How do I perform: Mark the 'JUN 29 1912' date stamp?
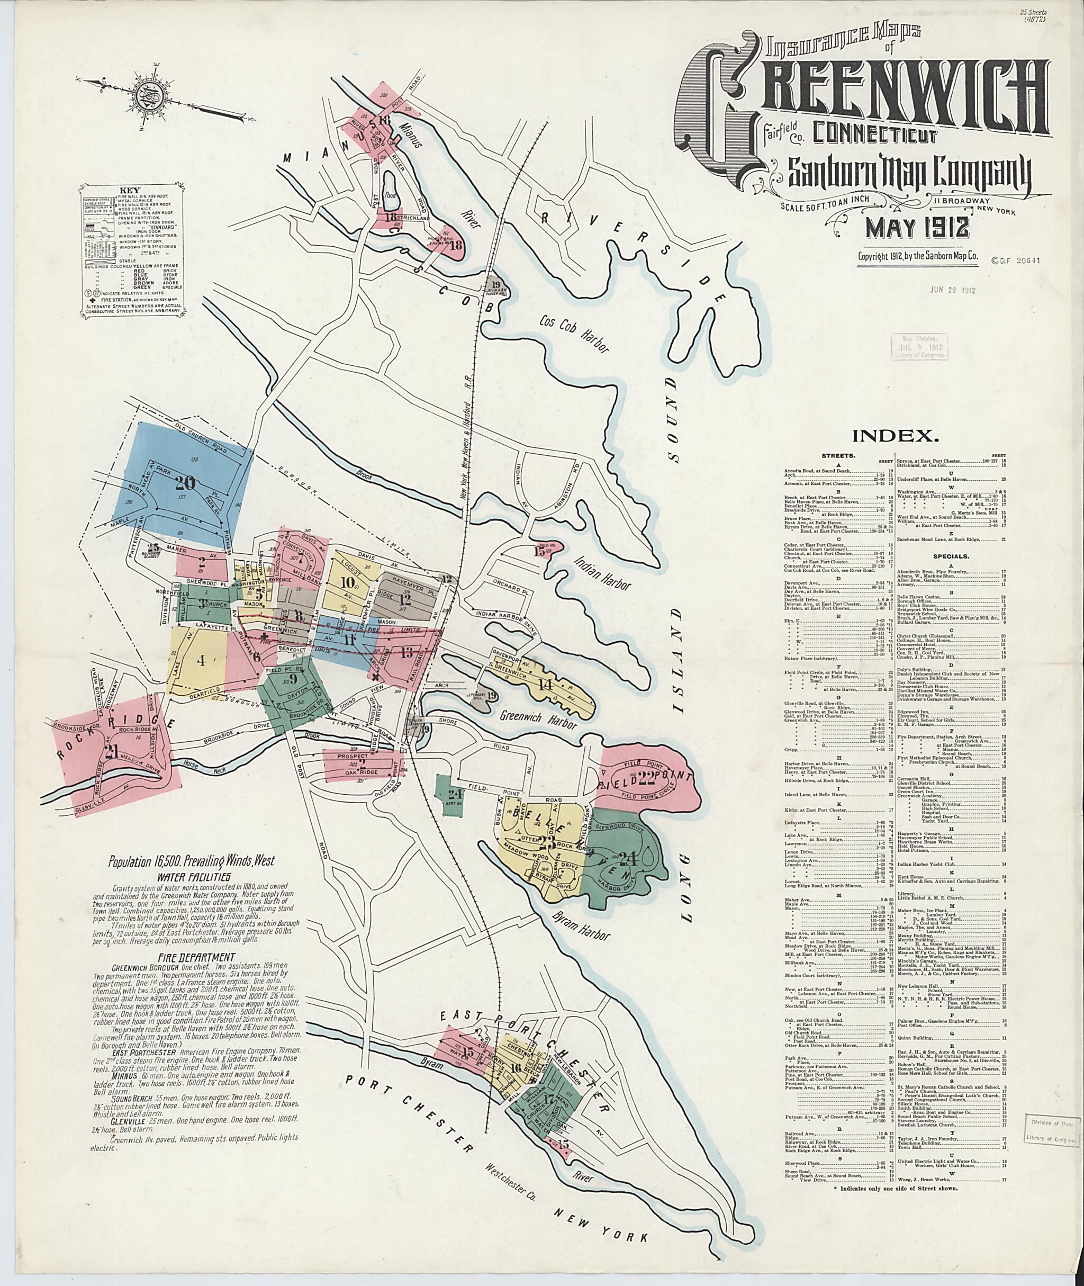coord(953,290)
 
